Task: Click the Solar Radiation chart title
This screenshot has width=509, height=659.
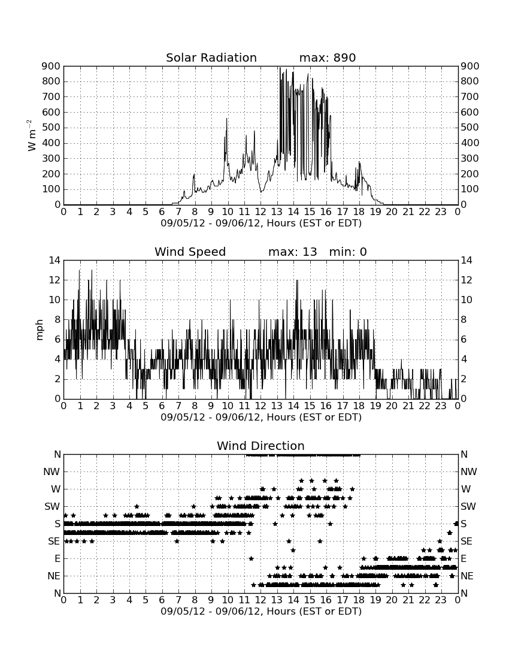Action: click(211, 58)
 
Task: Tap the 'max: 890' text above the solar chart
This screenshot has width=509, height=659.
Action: click(328, 58)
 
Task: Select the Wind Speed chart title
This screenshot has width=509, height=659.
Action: click(190, 252)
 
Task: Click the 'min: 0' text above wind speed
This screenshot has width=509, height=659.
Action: click(348, 252)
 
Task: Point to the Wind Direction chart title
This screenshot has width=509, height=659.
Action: click(261, 446)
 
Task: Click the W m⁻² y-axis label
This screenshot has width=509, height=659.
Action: click(32, 135)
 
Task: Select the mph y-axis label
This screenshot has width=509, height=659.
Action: click(40, 330)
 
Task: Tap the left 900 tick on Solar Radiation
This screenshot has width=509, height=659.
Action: click(51, 66)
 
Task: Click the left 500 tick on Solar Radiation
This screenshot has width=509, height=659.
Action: click(51, 128)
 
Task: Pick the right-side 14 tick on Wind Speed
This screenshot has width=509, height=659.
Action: click(466, 261)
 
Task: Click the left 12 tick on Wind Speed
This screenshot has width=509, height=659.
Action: click(55, 280)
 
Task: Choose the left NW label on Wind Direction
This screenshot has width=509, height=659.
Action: click(51, 472)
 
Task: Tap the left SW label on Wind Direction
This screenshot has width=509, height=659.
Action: click(53, 506)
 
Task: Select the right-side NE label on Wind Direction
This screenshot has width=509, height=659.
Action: click(467, 576)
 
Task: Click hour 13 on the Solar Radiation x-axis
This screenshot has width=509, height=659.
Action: click(277, 212)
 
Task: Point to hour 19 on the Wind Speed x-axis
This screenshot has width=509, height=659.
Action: click(375, 406)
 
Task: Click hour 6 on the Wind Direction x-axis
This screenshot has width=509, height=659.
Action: click(162, 600)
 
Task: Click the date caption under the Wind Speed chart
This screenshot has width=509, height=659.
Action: click(261, 418)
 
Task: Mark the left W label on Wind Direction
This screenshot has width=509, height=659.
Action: click(56, 489)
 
